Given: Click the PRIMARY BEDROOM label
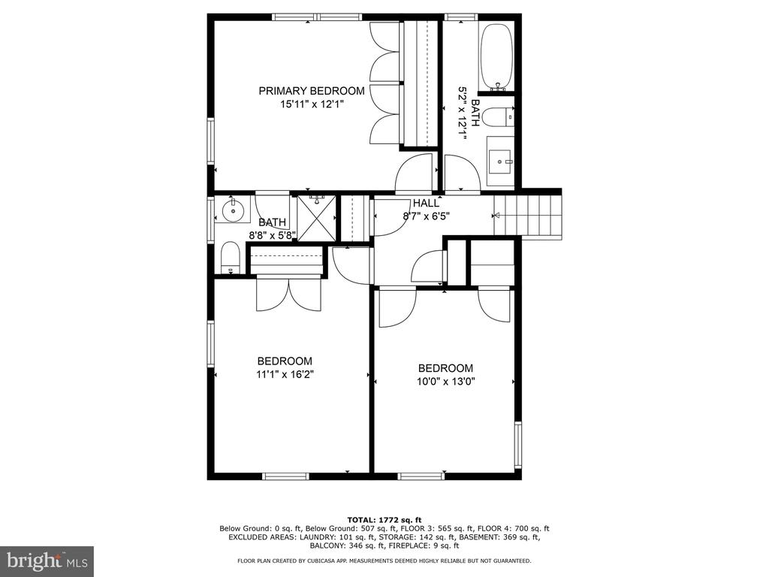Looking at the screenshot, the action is (x=312, y=91).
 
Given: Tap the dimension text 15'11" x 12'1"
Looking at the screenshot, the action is (x=312, y=104).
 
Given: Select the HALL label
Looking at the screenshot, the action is (x=427, y=203).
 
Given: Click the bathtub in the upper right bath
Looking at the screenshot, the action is (x=497, y=56).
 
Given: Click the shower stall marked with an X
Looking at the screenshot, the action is (x=317, y=218).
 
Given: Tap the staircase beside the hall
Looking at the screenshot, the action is (x=527, y=216).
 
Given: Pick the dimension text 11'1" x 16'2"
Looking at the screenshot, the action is (x=285, y=374).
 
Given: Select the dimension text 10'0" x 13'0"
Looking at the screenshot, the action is (x=446, y=381).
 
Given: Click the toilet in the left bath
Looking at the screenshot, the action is (x=230, y=258).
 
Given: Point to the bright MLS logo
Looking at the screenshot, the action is (x=47, y=560).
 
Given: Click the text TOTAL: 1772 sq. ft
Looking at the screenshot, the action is (x=384, y=520).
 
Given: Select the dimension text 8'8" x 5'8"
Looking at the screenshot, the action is (x=272, y=235).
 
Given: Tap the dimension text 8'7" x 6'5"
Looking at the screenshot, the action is (x=427, y=216).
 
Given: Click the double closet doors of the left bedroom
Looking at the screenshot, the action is (x=289, y=295).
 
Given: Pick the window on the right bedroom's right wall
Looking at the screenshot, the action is (x=518, y=445).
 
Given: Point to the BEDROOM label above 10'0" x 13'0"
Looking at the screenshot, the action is (x=446, y=368).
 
